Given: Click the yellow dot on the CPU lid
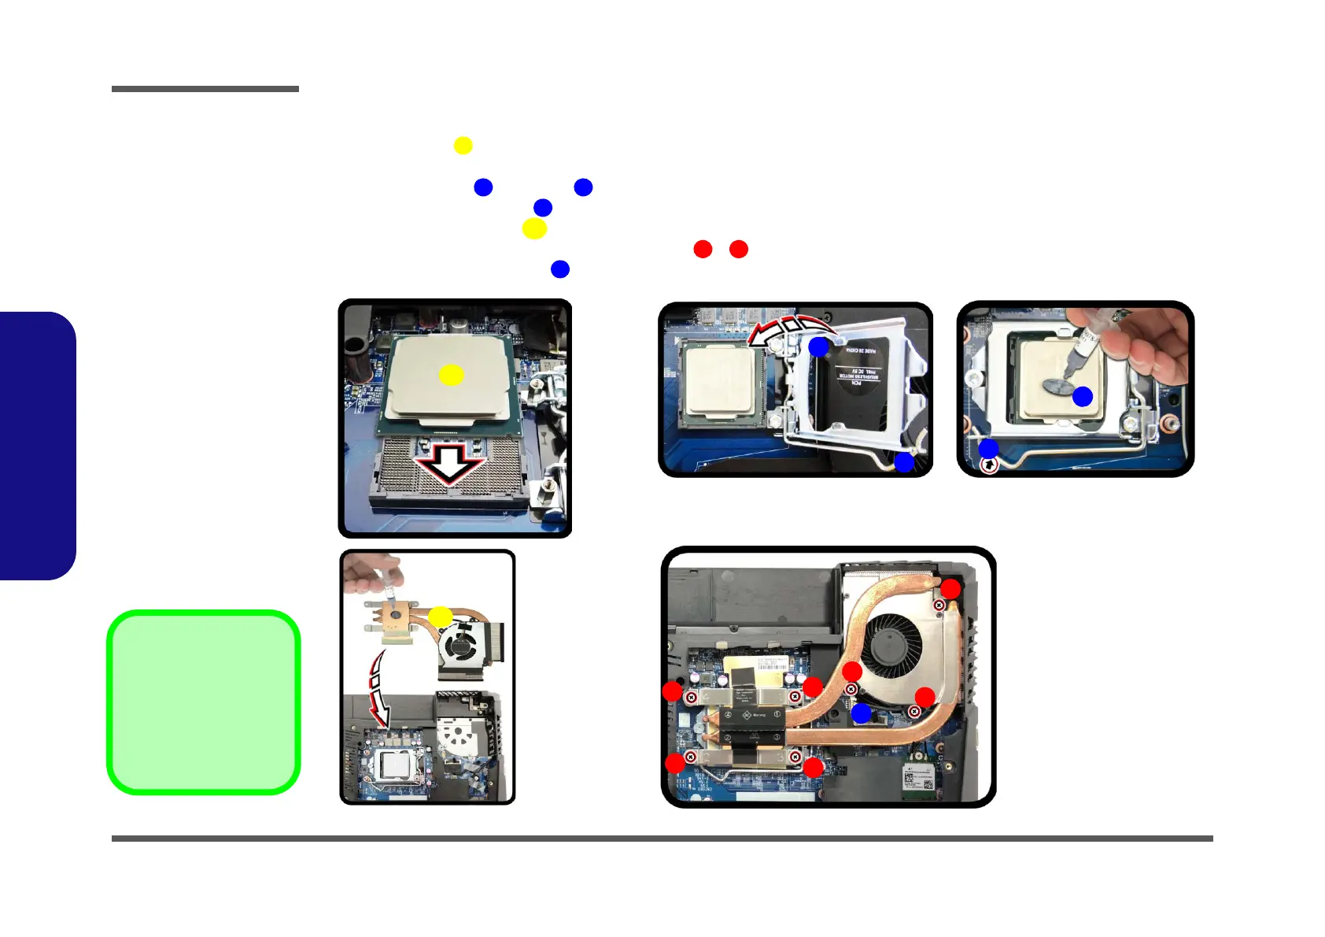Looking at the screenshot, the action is (x=451, y=375).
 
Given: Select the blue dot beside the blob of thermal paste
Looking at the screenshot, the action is (x=1083, y=397).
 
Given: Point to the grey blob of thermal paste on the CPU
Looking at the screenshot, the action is (x=1059, y=386).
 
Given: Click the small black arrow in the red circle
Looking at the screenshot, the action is (x=990, y=465).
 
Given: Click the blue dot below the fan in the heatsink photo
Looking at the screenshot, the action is (x=862, y=713).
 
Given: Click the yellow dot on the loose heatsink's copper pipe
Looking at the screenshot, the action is (x=440, y=617).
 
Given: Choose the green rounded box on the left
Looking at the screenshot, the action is (x=204, y=702).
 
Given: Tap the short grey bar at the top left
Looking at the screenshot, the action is (x=205, y=89).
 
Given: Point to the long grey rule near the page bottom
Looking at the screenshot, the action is (x=662, y=839).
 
